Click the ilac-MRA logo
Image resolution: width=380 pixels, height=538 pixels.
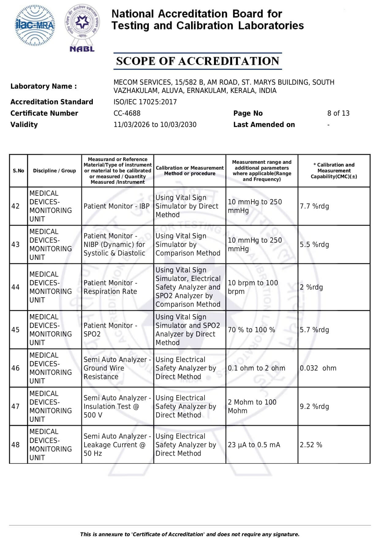pos(35,25)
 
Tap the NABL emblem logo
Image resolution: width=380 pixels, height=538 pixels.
pos(82,28)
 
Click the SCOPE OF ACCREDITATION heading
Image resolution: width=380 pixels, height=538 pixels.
pos(198,61)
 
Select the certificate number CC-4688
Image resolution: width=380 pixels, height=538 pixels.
pos(127,113)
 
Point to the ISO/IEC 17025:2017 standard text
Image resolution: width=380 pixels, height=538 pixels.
pos(145,102)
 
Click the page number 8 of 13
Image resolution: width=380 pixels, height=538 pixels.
pos(338,113)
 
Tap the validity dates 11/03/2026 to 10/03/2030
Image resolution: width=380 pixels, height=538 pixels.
pos(155,125)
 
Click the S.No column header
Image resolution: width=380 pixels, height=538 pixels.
pos(18,171)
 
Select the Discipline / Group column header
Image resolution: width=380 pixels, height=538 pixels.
pos(55,171)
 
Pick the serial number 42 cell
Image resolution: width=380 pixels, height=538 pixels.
pos(16,206)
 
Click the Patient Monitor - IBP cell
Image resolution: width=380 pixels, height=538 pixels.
pos(117,206)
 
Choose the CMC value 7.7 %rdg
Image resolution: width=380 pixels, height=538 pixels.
pos(314,206)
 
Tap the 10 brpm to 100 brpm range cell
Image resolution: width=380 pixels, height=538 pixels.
pos(253,287)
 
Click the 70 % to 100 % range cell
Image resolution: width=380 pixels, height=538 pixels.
pos(251,330)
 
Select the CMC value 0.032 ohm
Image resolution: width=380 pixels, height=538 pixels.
pos(318,368)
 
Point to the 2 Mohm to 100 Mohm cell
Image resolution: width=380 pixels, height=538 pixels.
pos(252,406)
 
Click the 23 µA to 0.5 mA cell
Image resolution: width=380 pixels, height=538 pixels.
pos(254,445)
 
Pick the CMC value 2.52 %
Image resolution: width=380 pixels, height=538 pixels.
pos(311,445)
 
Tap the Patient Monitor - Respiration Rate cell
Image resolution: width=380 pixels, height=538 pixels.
pos(111,287)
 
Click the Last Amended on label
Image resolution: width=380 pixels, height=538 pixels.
pos(264,125)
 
